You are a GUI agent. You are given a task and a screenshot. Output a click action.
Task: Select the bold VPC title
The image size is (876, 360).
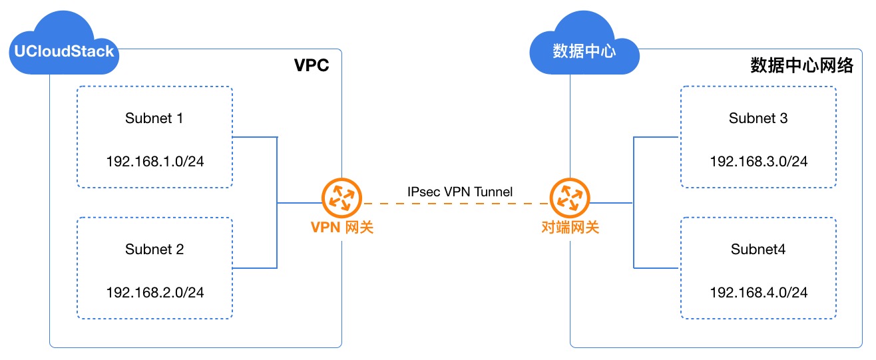pyautogui.click(x=312, y=66)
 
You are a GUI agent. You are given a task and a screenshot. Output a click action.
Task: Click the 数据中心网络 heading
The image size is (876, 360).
pyautogui.click(x=801, y=66)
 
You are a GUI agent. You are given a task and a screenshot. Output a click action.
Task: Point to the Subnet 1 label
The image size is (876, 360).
pyautogui.click(x=154, y=118)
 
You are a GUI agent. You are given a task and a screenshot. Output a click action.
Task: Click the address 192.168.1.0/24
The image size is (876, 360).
pyautogui.click(x=155, y=162)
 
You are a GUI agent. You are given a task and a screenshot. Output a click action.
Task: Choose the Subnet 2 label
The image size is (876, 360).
pyautogui.click(x=154, y=250)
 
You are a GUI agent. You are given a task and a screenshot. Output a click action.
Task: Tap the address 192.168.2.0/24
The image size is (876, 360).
pyautogui.click(x=155, y=292)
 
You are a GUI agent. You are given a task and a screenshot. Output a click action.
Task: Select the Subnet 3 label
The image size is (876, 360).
pyautogui.click(x=758, y=118)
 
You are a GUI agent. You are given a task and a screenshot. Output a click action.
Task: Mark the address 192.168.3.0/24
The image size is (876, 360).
pyautogui.click(x=759, y=162)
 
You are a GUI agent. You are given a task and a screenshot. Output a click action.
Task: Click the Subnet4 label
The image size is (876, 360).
pyautogui.click(x=758, y=250)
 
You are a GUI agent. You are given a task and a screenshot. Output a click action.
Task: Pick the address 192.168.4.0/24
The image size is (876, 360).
pyautogui.click(x=759, y=292)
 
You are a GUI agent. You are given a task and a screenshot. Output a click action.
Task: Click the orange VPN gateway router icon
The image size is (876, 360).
pyautogui.click(x=341, y=198)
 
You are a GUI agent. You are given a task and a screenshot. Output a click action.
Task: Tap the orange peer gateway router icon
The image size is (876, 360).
pyautogui.click(x=570, y=198)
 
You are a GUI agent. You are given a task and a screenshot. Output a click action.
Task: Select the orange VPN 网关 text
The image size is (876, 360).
pyautogui.click(x=341, y=228)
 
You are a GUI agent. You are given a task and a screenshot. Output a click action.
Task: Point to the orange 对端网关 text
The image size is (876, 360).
pyautogui.click(x=570, y=228)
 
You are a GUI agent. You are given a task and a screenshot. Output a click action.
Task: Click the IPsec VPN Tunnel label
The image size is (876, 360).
pyautogui.click(x=460, y=192)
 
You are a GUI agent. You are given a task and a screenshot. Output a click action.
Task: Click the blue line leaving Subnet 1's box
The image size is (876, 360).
pyautogui.click(x=254, y=138)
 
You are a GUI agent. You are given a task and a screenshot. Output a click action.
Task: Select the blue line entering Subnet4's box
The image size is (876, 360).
pyautogui.click(x=656, y=268)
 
